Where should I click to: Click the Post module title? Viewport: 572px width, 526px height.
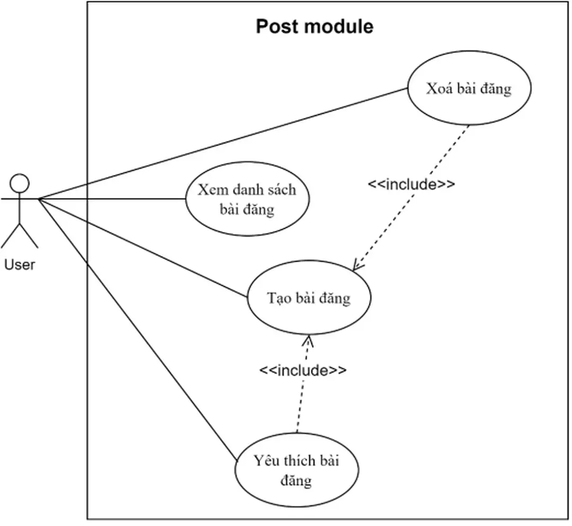[x=315, y=26]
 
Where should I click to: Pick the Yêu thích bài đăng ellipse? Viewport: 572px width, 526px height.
[x=296, y=470]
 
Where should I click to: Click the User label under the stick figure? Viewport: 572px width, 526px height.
[x=20, y=264]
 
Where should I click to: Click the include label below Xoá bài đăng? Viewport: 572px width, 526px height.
[x=411, y=184]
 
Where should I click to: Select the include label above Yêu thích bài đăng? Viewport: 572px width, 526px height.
[x=303, y=370]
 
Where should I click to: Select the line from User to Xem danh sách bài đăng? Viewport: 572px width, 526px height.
[x=111, y=199]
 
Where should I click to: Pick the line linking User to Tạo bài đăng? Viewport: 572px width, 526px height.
[x=143, y=246]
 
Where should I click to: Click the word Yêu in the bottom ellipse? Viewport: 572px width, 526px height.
[x=265, y=460]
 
